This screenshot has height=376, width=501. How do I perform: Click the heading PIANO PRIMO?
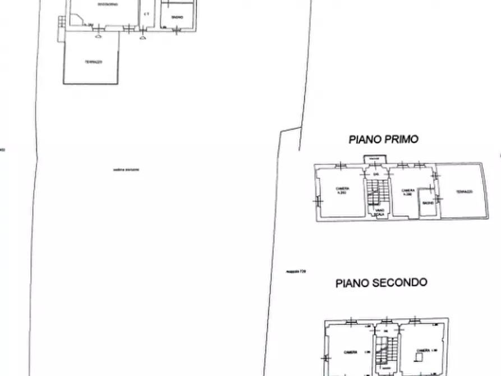pos(384,139)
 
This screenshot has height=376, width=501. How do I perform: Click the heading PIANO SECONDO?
pos(382,283)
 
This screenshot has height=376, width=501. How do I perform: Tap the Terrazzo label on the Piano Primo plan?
pos(464,191)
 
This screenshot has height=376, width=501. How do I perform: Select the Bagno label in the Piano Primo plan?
pos(428,203)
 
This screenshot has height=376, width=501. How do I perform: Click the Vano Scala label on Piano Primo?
pos(380,212)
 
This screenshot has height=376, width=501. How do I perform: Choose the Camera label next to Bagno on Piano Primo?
pos(408,192)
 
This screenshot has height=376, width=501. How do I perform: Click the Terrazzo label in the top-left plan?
pos(93,62)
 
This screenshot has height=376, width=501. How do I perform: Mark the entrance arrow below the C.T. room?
pos(143,38)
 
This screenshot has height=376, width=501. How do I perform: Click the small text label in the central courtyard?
pos(126,169)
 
